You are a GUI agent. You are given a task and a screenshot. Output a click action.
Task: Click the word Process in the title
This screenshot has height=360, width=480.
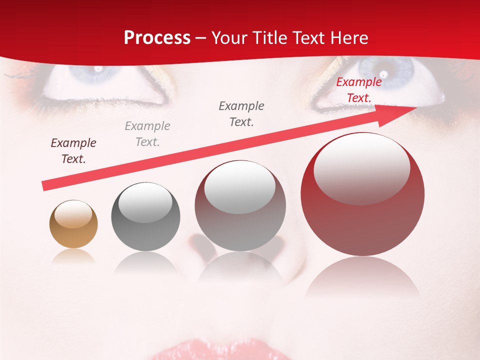[157, 37]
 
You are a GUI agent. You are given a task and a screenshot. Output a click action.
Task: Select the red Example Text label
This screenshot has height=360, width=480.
[358, 90]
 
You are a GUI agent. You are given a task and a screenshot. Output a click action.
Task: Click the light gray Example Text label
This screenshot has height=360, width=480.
[147, 133]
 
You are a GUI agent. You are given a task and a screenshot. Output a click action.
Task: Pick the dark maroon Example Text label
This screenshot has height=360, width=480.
[73, 151]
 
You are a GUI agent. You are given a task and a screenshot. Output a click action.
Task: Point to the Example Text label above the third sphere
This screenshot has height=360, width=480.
[241, 113]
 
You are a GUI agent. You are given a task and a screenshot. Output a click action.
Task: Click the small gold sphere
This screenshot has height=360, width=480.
[73, 224]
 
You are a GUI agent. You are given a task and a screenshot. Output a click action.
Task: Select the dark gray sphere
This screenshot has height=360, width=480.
[145, 216]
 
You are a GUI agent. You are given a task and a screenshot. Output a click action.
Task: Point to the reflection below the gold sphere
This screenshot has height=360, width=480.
[73, 256]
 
